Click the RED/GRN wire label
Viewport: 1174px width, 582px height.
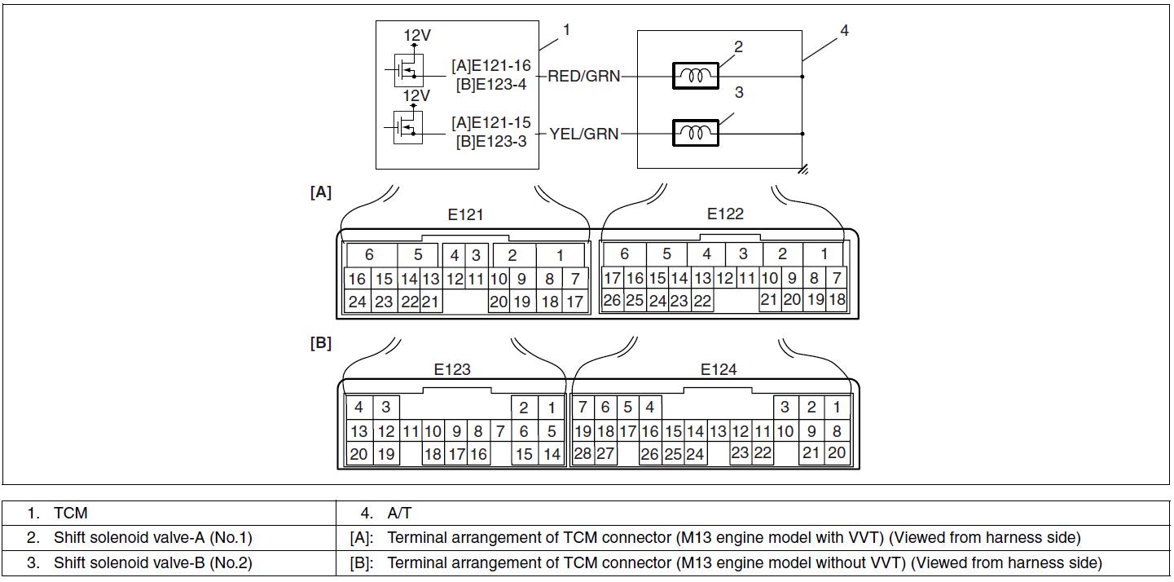point(583,77)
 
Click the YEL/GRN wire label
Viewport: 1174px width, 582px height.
point(584,134)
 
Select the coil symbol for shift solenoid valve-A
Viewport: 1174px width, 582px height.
point(695,76)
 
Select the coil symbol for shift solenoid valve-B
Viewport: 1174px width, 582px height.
point(695,133)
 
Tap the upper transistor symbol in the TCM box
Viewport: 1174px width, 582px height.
point(408,70)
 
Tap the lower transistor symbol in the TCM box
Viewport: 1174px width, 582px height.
point(408,127)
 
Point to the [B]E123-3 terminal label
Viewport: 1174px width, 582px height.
point(491,141)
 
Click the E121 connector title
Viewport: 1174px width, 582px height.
point(465,214)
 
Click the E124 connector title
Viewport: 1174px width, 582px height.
point(719,370)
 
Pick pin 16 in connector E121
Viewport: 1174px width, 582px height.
point(357,280)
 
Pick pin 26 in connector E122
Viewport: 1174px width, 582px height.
point(612,301)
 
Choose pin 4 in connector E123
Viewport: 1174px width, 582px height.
point(358,408)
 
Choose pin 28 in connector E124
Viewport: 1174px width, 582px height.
point(583,454)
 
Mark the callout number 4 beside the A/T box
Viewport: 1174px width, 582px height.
point(844,31)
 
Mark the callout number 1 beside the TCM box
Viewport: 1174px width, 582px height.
point(566,30)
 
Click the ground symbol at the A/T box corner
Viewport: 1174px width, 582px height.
point(803,170)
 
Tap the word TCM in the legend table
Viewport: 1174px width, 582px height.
point(70,514)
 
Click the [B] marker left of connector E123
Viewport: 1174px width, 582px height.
point(321,343)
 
